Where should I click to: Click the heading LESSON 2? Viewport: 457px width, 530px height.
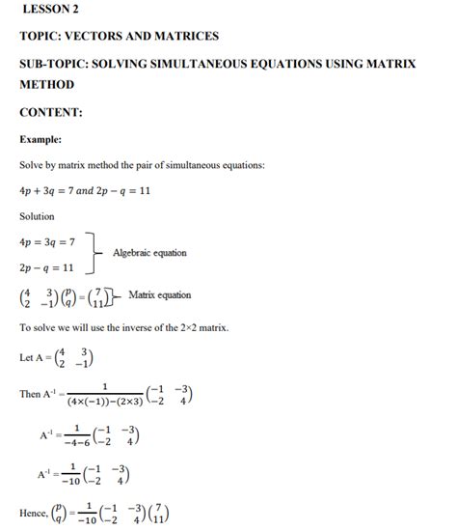point(49,11)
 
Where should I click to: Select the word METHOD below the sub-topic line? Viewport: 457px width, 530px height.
point(47,85)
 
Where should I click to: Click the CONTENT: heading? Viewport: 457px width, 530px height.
point(51,112)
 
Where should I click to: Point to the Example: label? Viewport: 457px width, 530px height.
point(41,139)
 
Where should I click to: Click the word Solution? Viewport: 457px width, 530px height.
point(37,216)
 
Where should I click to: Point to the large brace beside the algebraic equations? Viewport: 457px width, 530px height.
point(94,253)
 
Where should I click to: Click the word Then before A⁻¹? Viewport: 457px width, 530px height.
point(30,394)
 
